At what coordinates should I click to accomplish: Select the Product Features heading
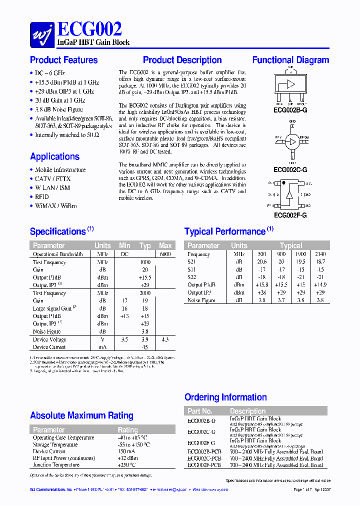[64, 60]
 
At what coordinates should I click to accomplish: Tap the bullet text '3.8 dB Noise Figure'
[59, 109]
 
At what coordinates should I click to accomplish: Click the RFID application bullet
[42, 196]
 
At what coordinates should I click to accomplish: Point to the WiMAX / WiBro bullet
[56, 205]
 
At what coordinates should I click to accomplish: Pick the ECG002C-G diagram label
[290, 170]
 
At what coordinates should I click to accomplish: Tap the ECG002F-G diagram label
[290, 215]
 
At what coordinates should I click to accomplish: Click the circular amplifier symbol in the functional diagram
[290, 141]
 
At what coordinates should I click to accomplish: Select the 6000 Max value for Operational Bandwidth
[165, 254]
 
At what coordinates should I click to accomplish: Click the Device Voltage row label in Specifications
[49, 339]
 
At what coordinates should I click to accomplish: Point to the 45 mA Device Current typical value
[145, 347]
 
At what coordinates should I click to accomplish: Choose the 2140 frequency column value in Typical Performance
[320, 254]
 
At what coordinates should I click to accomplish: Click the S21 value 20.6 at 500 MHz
[261, 261]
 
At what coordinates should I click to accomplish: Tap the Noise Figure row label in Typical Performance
[201, 300]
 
